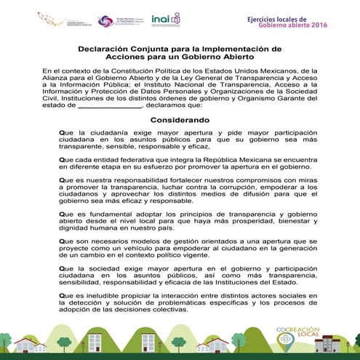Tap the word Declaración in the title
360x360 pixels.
(x=107, y=49)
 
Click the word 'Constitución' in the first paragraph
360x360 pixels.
(x=135, y=71)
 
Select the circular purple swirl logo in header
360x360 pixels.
(x=105, y=21)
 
